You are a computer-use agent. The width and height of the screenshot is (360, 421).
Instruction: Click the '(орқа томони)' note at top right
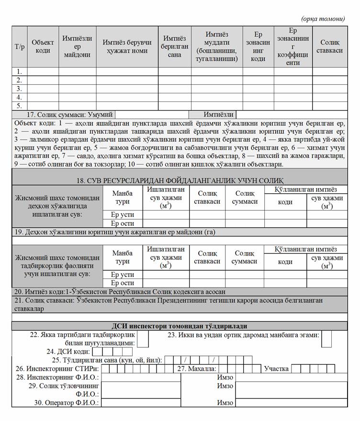point(323,19)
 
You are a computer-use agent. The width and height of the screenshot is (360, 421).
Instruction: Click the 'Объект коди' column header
point(43,46)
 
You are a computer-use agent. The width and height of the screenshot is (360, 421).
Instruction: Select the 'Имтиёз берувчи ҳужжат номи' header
point(127,46)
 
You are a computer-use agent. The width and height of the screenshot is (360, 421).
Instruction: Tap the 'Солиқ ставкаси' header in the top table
point(330,46)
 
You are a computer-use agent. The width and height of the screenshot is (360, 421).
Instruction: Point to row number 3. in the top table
point(20,89)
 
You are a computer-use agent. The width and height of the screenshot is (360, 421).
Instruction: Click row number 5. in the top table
point(20,106)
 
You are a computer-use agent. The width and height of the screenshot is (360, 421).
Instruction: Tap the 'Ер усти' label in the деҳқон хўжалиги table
point(123,215)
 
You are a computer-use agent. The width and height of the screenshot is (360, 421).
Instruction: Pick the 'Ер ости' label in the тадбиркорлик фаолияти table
point(123,283)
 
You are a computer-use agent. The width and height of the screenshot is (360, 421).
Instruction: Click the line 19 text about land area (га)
point(115,232)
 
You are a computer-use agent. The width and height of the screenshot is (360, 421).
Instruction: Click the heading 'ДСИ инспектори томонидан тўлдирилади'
point(180,326)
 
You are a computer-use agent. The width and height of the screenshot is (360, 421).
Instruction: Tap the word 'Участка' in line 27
point(276,368)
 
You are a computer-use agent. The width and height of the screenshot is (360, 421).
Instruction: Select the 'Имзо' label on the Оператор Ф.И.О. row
point(225,403)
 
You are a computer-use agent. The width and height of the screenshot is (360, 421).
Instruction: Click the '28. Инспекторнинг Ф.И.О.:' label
point(57,377)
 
